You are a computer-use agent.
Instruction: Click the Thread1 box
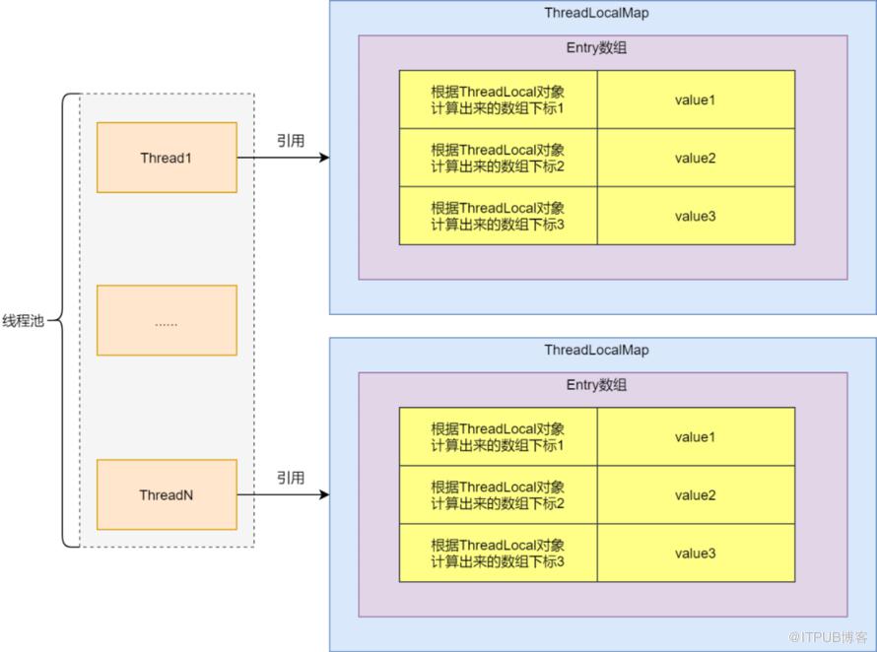[167, 158]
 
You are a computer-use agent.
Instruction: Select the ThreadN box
[167, 494]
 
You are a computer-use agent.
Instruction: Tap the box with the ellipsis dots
[167, 321]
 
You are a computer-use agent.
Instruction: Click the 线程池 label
[23, 321]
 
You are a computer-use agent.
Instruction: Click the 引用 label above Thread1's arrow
[290, 140]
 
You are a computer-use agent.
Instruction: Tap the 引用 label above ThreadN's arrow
[290, 478]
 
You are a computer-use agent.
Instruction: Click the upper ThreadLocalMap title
[596, 13]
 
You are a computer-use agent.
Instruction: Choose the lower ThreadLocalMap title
[596, 351]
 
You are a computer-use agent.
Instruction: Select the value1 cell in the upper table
[695, 99]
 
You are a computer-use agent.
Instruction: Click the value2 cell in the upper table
[695, 158]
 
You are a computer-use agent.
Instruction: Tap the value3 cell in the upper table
[695, 216]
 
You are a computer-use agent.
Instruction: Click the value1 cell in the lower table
[695, 437]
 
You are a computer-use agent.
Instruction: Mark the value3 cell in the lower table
[695, 554]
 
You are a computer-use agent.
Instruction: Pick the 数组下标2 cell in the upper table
[498, 158]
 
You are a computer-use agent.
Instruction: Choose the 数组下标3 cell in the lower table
[498, 554]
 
